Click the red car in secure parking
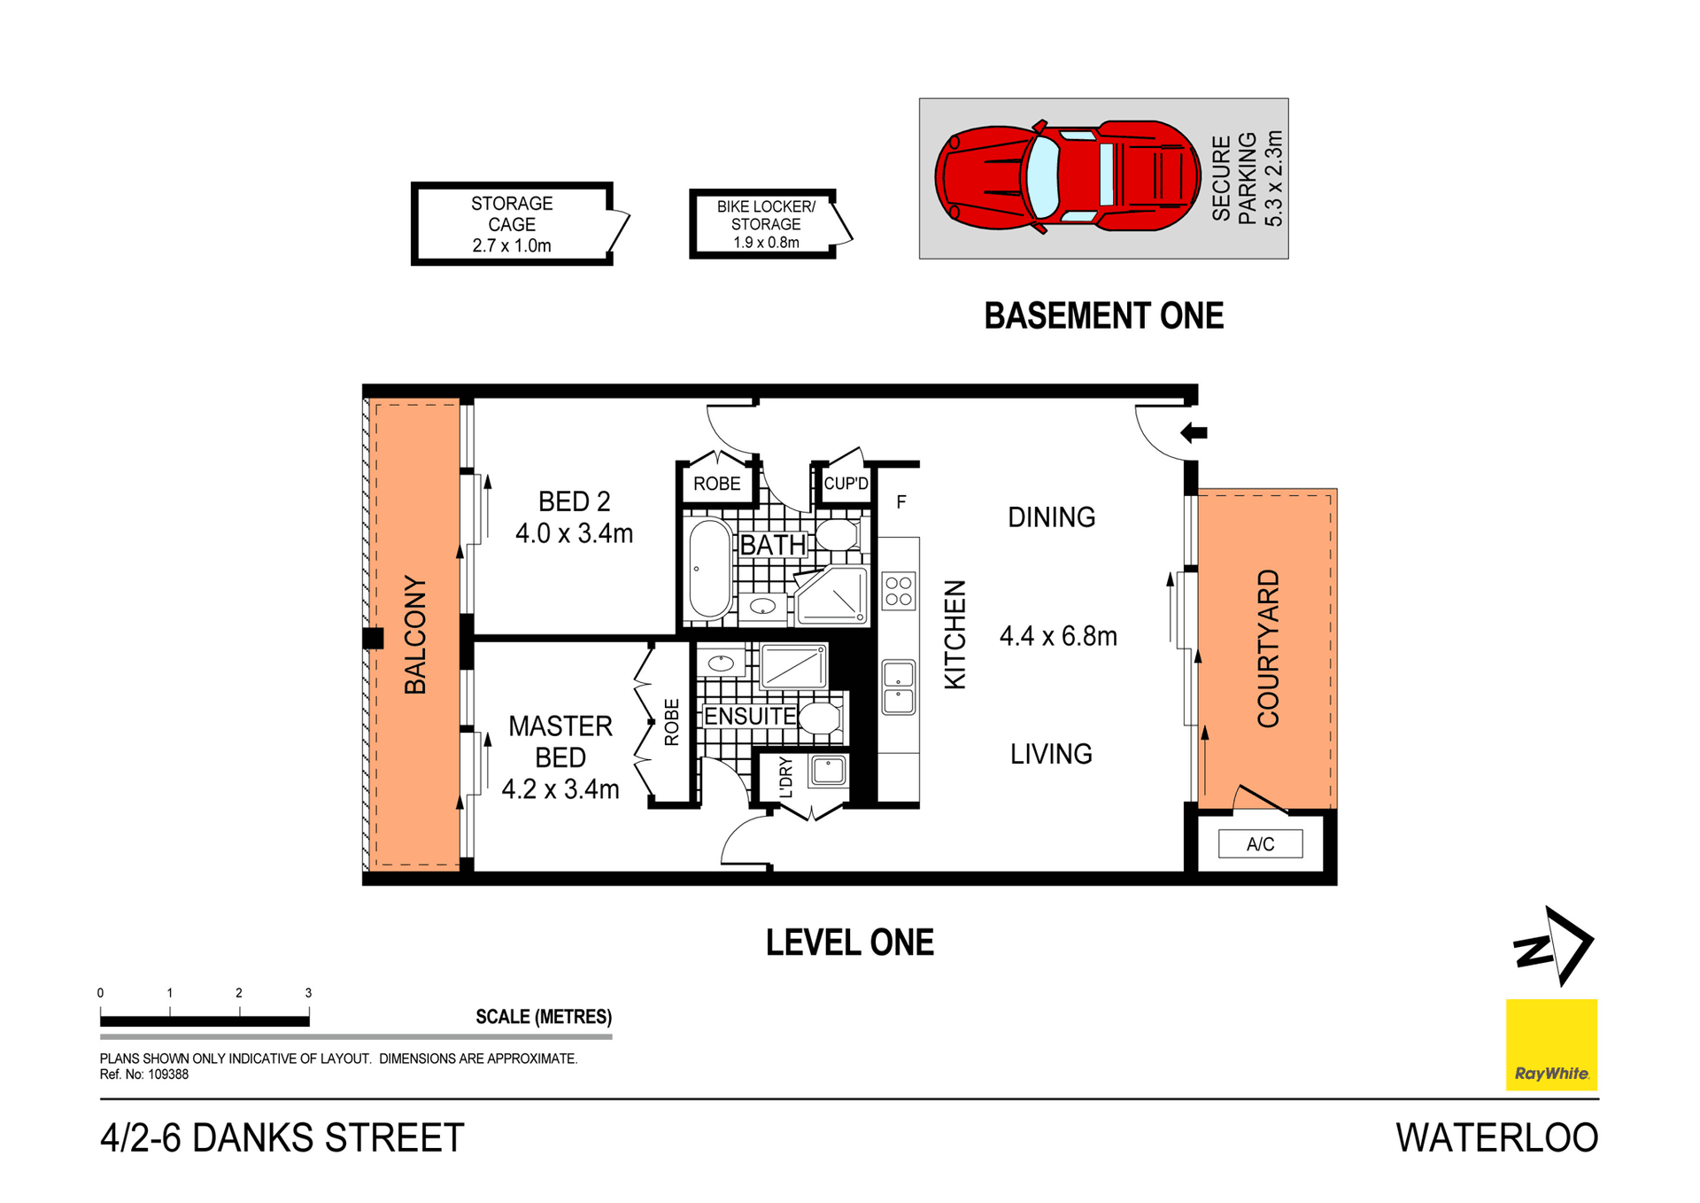[1067, 176]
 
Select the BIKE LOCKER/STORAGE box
[765, 223]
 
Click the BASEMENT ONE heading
[1103, 316]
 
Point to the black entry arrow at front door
[1194, 432]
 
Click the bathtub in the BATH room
[709, 569]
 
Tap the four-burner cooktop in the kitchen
[898, 591]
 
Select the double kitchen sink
[898, 687]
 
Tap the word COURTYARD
[1268, 648]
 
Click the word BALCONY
[414, 634]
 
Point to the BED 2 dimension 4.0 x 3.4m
[574, 533]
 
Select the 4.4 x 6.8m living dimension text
[1058, 636]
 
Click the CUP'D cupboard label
[846, 484]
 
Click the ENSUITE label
[749, 716]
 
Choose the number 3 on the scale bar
[308, 993]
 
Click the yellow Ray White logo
[1551, 1044]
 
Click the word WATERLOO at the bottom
[1496, 1138]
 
